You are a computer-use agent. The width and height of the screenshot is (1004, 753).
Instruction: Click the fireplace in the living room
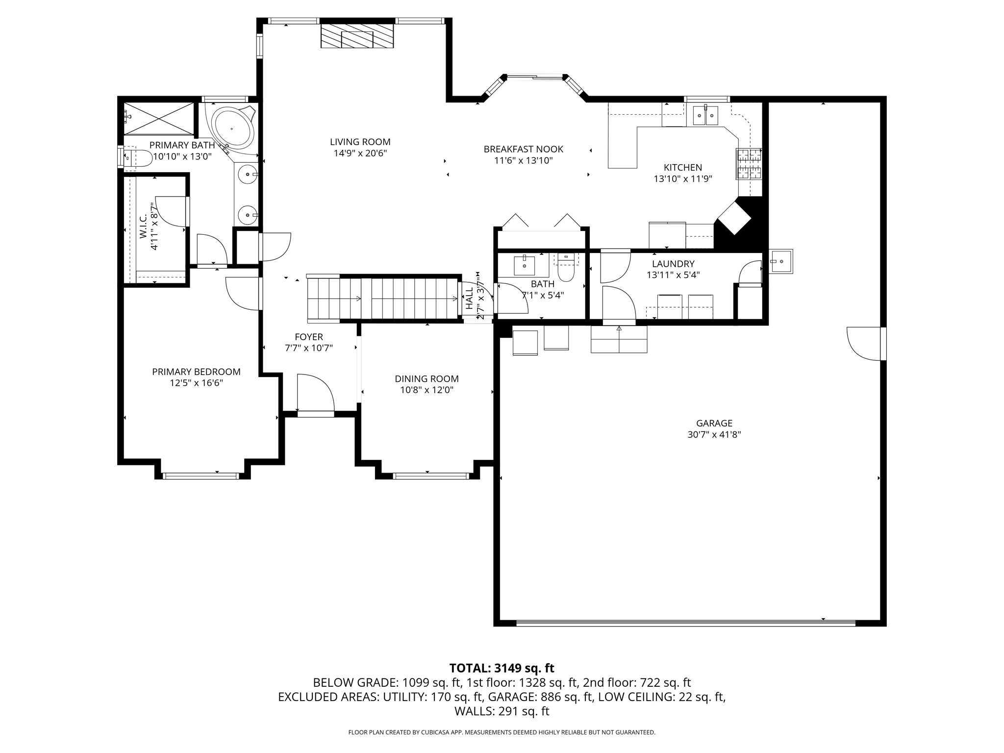pos(357,36)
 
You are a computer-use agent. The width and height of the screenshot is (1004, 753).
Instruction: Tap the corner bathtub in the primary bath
pos(232,129)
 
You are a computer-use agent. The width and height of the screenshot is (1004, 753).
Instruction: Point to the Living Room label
pos(360,142)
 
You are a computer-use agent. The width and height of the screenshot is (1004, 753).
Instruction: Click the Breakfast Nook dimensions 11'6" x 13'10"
pos(523,160)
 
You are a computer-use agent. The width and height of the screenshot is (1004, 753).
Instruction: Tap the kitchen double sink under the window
pos(705,116)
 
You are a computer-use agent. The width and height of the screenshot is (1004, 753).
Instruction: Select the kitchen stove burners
pos(749,164)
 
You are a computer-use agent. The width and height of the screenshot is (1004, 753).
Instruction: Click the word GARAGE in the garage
pos(714,423)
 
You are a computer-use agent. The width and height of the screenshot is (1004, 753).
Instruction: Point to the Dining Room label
pos(427,379)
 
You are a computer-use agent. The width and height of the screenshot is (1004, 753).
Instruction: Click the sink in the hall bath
pos(525,266)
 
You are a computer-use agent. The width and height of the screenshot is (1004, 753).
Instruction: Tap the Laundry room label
pos(673,264)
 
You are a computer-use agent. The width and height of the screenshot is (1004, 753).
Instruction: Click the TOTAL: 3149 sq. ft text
pos(502,668)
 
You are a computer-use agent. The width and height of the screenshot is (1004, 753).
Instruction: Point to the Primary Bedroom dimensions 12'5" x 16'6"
pos(196,383)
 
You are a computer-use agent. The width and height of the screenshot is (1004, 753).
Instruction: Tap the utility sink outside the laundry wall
pos(780,261)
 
